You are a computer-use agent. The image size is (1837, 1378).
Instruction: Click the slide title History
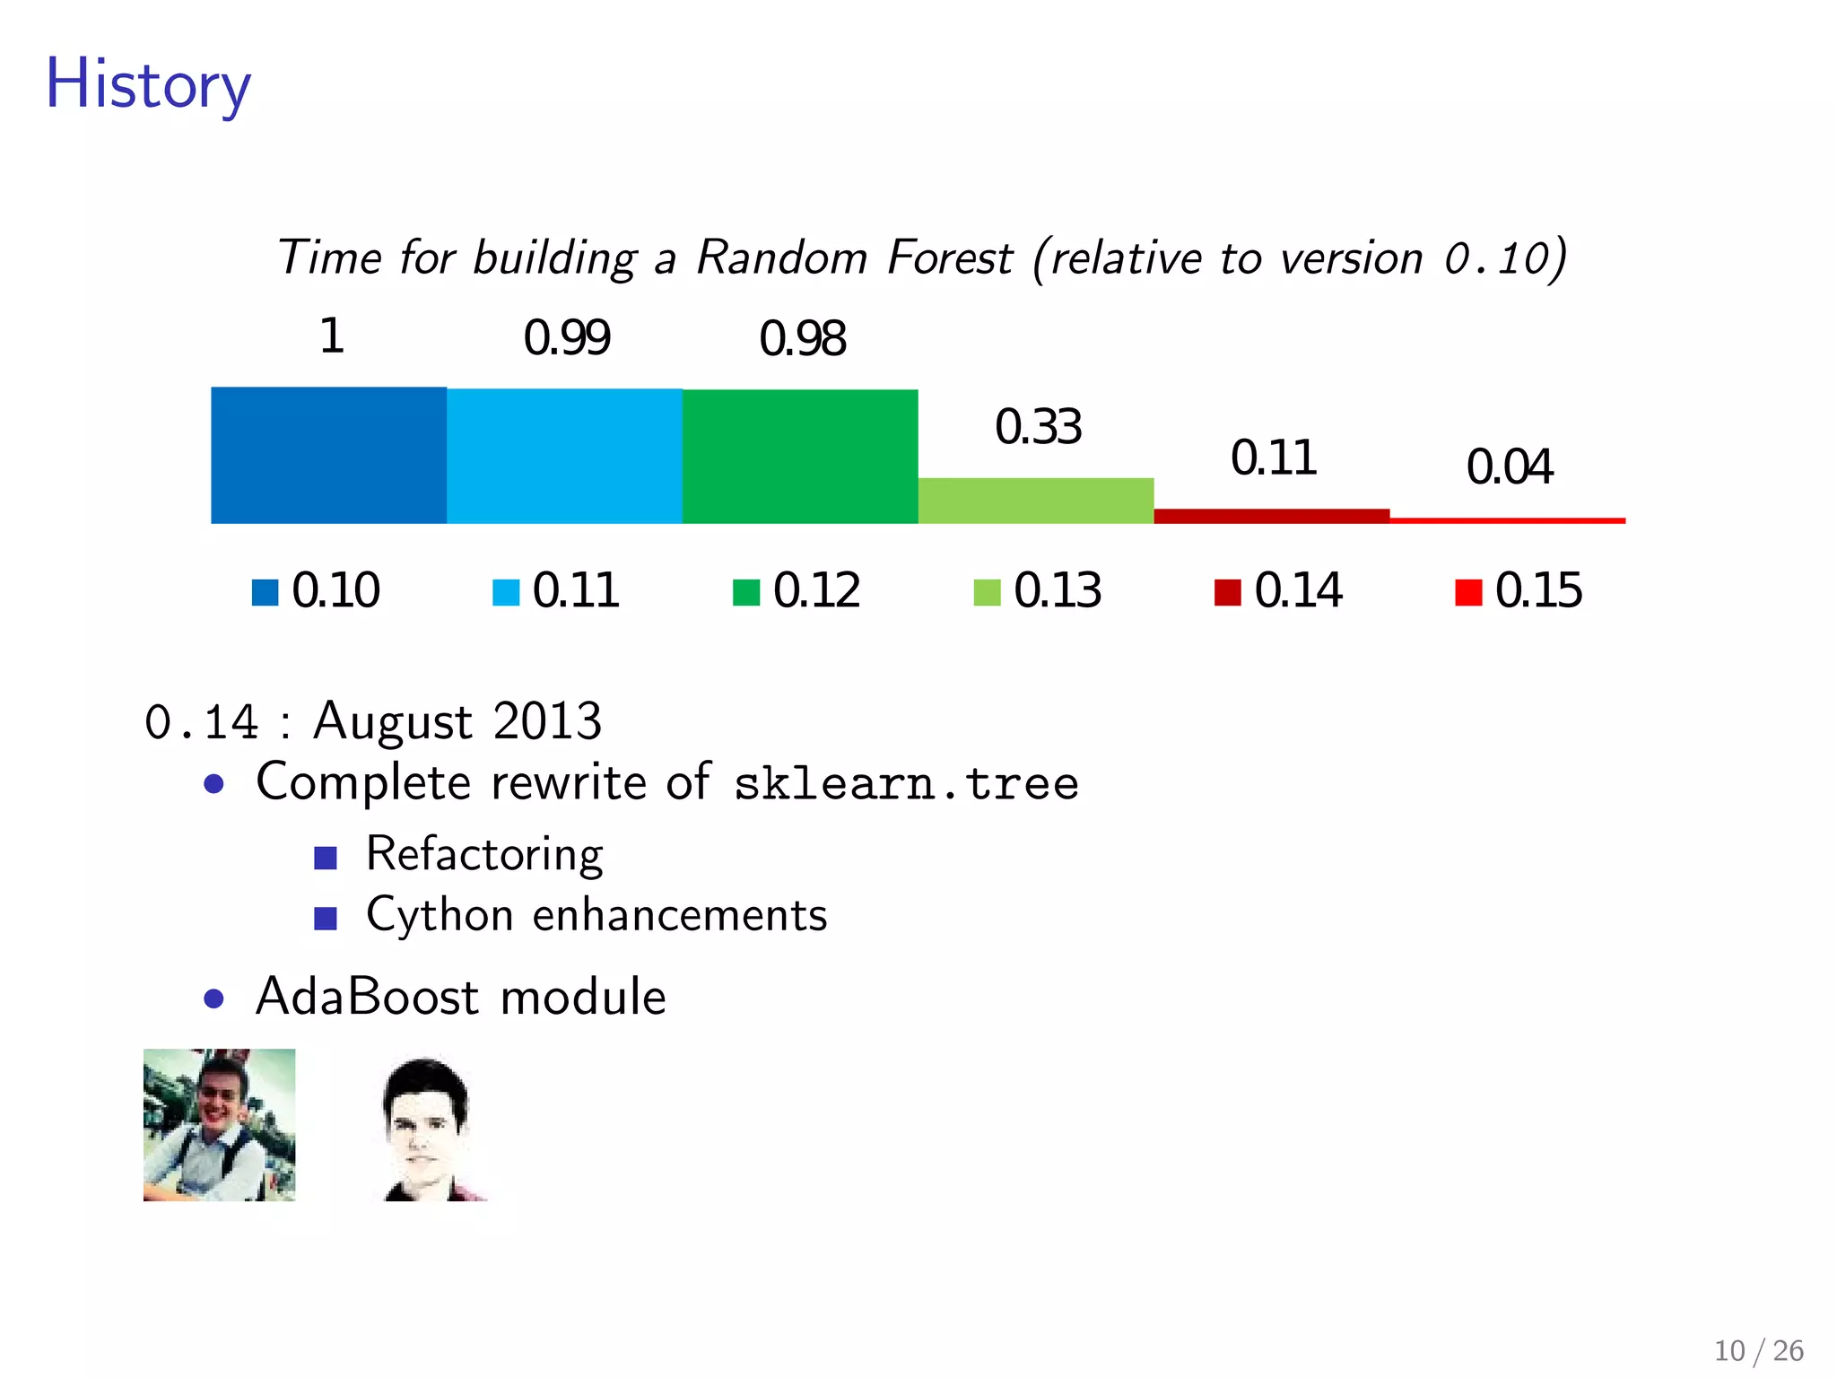(148, 84)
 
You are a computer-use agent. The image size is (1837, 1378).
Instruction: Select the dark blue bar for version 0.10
(328, 455)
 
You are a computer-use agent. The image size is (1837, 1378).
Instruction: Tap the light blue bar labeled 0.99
(564, 456)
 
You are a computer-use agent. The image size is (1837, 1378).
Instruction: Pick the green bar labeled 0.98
(800, 456)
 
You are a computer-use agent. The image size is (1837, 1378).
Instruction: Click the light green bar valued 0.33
(1036, 501)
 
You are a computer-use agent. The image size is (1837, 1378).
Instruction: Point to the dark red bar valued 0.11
(1271, 516)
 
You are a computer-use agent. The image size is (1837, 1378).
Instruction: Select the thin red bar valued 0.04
(1507, 520)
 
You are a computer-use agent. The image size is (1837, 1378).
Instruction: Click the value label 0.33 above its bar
(1038, 427)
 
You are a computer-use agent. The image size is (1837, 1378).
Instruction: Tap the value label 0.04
(1509, 467)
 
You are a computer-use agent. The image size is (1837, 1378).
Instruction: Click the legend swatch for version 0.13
(987, 592)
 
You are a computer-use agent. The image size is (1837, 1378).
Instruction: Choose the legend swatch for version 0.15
(1468, 592)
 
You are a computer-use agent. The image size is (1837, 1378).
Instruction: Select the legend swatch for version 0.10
(265, 592)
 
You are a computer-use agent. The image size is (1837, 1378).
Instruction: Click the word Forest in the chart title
(949, 258)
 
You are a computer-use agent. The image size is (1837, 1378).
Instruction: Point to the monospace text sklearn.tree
(906, 783)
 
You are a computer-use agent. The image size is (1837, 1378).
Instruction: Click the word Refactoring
(484, 854)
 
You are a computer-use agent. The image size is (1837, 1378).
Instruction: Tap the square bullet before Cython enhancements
(326, 918)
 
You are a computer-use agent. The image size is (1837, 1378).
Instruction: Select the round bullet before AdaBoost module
(213, 999)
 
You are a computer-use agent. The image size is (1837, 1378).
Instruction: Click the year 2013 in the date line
(547, 721)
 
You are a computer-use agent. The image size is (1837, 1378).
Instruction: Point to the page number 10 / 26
(1758, 1350)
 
